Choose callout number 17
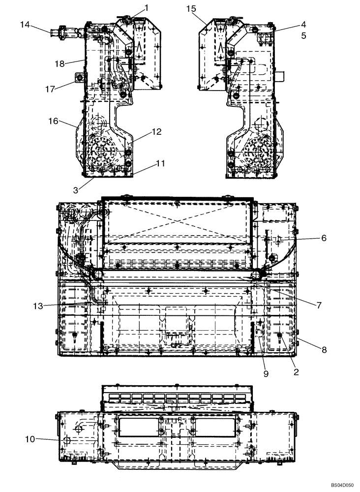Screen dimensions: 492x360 tap(50, 89)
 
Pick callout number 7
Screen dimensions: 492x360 tap(319, 305)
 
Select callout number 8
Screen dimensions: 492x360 tap(324, 350)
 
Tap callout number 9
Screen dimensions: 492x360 tap(266, 374)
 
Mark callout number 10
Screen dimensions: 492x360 tap(30, 439)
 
